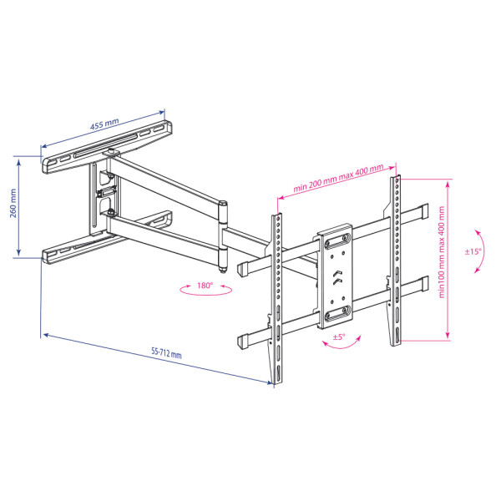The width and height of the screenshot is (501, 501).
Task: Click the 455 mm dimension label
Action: [104, 124]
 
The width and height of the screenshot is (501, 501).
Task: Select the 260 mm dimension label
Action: [13, 203]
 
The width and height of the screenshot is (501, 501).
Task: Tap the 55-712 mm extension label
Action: [166, 352]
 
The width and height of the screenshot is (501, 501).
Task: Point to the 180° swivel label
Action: [205, 286]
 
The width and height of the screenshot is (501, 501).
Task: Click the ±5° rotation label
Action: [339, 337]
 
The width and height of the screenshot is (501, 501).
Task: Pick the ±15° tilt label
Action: [473, 251]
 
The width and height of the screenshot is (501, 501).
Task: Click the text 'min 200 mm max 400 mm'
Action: [338, 179]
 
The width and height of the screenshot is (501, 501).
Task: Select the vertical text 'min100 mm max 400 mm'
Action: [442, 252]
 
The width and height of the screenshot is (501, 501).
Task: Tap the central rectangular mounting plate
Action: [336, 276]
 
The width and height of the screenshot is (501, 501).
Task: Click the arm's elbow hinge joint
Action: [223, 236]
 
